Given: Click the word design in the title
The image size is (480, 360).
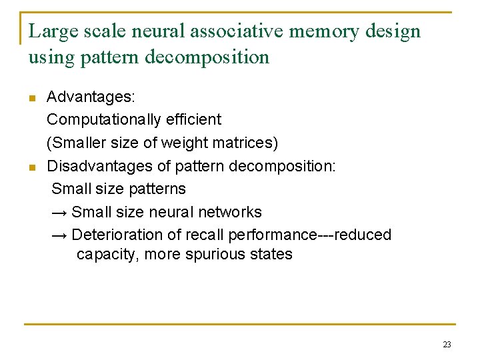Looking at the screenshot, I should click(x=397, y=31).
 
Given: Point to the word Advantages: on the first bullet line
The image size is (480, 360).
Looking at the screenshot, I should click(x=91, y=97).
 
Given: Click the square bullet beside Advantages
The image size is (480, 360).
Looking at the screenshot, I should click(x=31, y=99).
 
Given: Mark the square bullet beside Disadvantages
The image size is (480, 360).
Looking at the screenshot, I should click(x=31, y=167).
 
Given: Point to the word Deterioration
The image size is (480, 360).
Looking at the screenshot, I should click(x=115, y=235).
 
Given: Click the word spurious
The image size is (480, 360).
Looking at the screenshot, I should click(x=223, y=254).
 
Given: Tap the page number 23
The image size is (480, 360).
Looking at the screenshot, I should click(x=447, y=345).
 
